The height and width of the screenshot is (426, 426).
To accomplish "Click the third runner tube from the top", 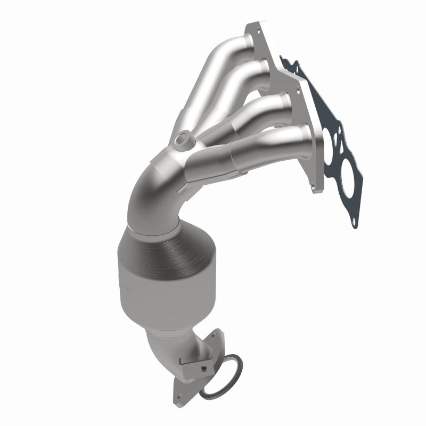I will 250,114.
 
